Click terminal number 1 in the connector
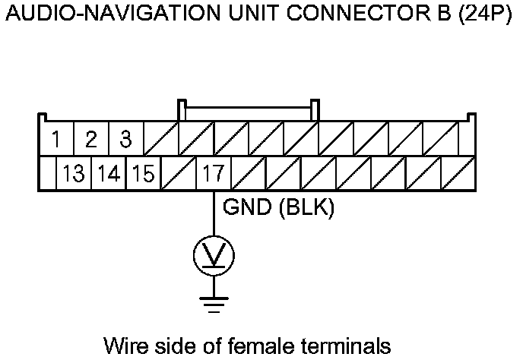[x=57, y=139]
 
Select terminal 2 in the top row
[x=91, y=139]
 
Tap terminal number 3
[x=126, y=139]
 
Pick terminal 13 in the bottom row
[x=74, y=174]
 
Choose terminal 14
[x=109, y=174]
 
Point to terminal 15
[x=143, y=174]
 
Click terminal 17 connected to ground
[x=213, y=174]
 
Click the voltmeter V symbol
[x=214, y=256]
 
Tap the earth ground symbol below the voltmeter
[x=214, y=304]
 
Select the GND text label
[x=249, y=207]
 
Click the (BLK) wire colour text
[x=307, y=207]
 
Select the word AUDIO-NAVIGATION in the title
[x=98, y=16]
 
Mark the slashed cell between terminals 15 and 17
[x=178, y=174]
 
